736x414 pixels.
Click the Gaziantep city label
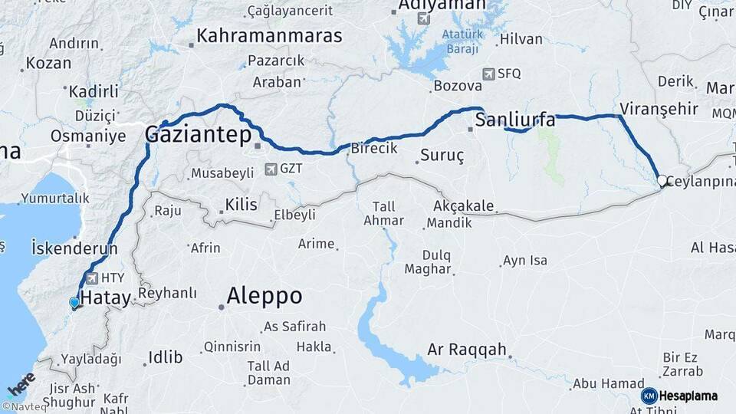pyautogui.click(x=199, y=136)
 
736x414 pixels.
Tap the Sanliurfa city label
pyautogui.click(x=515, y=120)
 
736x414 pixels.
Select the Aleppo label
pyautogui.click(x=264, y=297)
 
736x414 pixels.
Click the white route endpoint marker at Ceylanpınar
pyautogui.click(x=662, y=181)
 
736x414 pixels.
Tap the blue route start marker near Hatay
pyautogui.click(x=74, y=303)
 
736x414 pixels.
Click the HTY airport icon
pyautogui.click(x=94, y=278)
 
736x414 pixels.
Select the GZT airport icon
pyautogui.click(x=270, y=169)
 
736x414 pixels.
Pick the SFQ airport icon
pyautogui.click(x=489, y=74)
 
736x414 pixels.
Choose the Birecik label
pyautogui.click(x=374, y=149)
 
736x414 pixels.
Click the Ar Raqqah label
pyautogui.click(x=468, y=350)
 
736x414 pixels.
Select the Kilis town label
pyautogui.click(x=241, y=204)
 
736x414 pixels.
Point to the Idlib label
pyautogui.click(x=165, y=356)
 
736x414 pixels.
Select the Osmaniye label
pyautogui.click(x=88, y=136)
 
